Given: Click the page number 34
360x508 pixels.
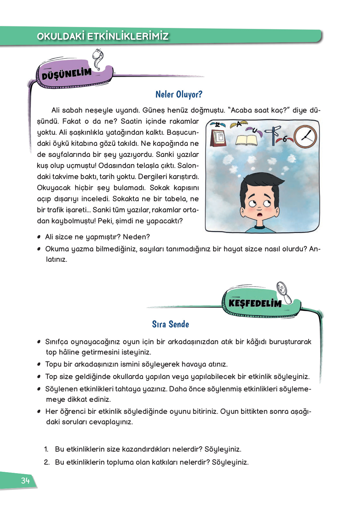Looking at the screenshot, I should click(x=25, y=481).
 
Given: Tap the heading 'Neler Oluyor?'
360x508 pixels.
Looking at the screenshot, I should click(x=179, y=94).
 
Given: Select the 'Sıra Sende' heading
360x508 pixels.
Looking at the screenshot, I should click(x=171, y=324).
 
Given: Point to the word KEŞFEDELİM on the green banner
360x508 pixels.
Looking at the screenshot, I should click(x=255, y=303).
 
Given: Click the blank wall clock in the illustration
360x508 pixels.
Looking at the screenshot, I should click(x=305, y=136).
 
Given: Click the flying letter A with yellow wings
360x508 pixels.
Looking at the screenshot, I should click(x=239, y=124).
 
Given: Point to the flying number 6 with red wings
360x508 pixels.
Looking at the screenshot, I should click(x=285, y=139).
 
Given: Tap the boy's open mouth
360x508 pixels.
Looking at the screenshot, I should click(x=259, y=215).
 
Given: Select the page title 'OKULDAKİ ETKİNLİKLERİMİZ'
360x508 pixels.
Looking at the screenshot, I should click(x=103, y=36).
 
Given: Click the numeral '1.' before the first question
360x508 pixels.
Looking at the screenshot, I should click(x=46, y=449).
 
